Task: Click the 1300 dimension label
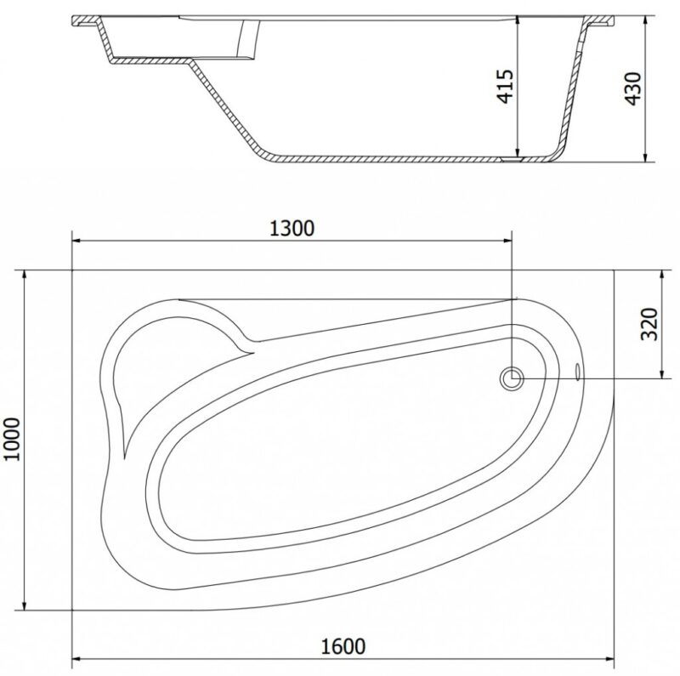click(x=292, y=229)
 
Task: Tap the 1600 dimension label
click(x=343, y=646)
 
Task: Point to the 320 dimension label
click(x=649, y=324)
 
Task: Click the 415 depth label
click(x=505, y=87)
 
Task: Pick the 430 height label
click(x=632, y=88)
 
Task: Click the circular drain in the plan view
click(x=512, y=378)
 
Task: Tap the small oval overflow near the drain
click(x=578, y=372)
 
